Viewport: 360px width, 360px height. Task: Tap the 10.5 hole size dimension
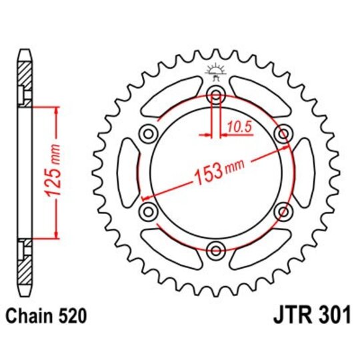238,124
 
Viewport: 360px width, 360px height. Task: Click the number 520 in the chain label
71,315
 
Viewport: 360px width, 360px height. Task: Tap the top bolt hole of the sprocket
215,93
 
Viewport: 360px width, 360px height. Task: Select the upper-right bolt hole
284,133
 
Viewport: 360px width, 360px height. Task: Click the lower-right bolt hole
284,211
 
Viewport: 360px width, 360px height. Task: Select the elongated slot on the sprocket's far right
305,172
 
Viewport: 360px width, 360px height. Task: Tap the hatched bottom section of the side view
25,269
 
